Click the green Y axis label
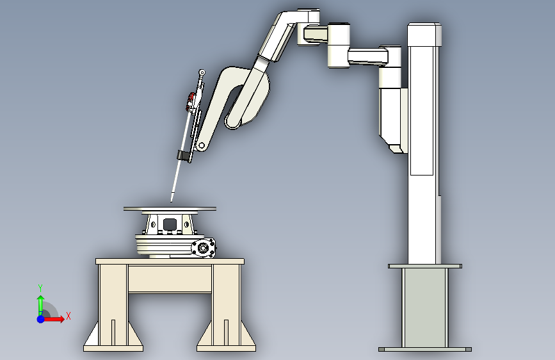[40, 288]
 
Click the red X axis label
[68, 316]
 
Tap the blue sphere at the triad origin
[41, 319]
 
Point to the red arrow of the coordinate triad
[53, 319]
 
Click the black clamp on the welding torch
[184, 156]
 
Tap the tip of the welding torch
[172, 202]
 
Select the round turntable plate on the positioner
[170, 209]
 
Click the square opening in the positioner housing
[170, 224]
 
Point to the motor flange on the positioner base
[203, 247]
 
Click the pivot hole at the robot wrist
[202, 145]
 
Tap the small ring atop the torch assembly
[202, 72]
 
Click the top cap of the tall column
[424, 35]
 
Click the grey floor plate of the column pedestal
[425, 349]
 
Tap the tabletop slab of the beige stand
[170, 261]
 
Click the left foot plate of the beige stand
[113, 348]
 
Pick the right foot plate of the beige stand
[226, 348]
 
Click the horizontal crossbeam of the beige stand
[170, 279]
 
